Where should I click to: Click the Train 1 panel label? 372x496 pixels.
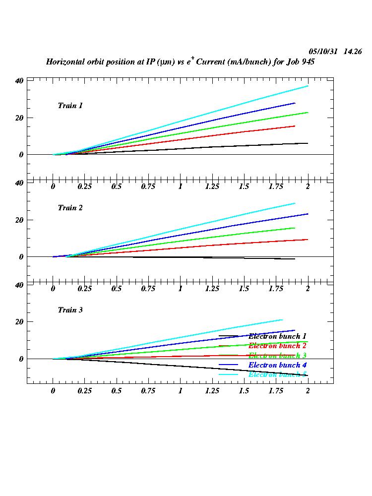(70, 106)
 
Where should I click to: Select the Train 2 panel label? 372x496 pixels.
(70, 208)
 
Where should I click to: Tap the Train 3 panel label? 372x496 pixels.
(70, 310)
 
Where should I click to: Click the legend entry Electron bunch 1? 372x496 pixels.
(277, 336)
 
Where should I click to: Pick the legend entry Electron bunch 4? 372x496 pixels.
(277, 365)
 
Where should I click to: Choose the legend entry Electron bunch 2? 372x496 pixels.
(277, 346)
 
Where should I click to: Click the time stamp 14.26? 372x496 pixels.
(353, 52)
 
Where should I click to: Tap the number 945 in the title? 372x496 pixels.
(308, 62)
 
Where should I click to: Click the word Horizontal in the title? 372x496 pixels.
(65, 62)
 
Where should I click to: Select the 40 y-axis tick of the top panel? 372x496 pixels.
(19, 81)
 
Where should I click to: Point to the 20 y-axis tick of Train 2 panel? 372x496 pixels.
(19, 220)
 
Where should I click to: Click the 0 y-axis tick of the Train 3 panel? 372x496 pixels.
(21, 359)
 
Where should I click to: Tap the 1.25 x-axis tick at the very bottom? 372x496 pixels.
(212, 391)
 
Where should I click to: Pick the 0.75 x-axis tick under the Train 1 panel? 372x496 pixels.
(148, 186)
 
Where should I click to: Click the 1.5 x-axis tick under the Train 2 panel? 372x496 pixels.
(244, 289)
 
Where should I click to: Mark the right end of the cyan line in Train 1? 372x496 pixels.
(308, 86)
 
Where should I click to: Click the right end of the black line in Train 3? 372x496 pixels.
(308, 375)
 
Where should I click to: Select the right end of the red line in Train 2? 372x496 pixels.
(308, 240)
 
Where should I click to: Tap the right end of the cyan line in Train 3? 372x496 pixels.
(282, 320)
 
